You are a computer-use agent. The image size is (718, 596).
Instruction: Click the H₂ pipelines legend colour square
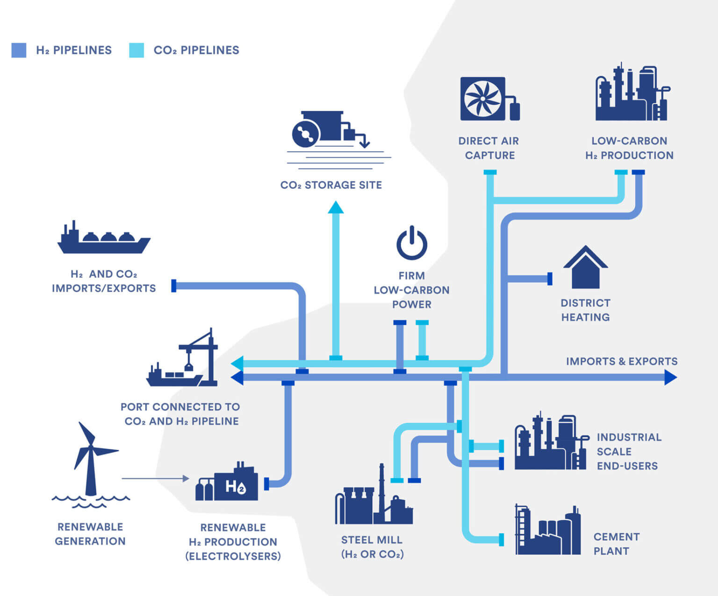coord(19,50)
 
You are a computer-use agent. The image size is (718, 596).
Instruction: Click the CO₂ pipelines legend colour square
coord(136,50)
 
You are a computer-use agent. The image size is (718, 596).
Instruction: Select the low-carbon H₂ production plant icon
coord(632,93)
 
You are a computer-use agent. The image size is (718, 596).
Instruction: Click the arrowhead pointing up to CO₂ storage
coord(336,207)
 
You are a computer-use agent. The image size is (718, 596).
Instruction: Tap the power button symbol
coord(412,243)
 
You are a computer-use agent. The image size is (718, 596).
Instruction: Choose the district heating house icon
coord(585,268)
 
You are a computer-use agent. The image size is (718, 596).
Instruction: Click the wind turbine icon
coord(91,462)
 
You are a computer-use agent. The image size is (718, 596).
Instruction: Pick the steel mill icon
coord(373,500)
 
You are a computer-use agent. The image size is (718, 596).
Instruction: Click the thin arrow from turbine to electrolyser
coord(155,478)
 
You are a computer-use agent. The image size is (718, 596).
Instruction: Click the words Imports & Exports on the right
coord(621,362)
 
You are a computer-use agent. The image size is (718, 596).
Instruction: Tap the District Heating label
coord(585,310)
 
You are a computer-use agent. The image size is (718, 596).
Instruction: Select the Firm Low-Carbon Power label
coord(411,290)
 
